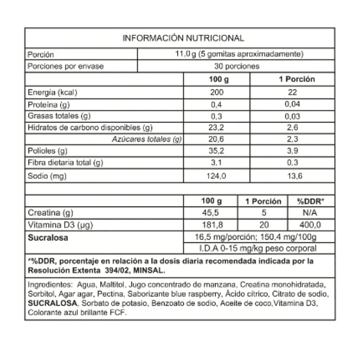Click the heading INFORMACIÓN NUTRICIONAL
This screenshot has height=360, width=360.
pos(183,38)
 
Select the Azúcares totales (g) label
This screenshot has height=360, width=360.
pos(146,139)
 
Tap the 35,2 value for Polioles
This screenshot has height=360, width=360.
pos(218,151)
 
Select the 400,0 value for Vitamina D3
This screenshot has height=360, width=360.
pos(310,225)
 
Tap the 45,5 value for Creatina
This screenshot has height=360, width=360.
pos(211,213)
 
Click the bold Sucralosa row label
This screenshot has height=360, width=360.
pos(49,238)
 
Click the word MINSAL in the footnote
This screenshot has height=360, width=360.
pos(151,270)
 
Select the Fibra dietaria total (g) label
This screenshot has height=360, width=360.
pos(66,163)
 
